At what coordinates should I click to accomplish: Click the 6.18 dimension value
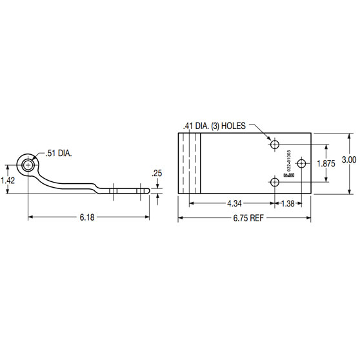coord(88,217)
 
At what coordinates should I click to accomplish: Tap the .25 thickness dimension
coord(157,173)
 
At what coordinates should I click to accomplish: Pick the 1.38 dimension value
coord(288,203)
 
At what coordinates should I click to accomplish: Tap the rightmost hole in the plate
coord(306,164)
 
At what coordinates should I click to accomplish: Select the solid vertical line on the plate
coord(201,164)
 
